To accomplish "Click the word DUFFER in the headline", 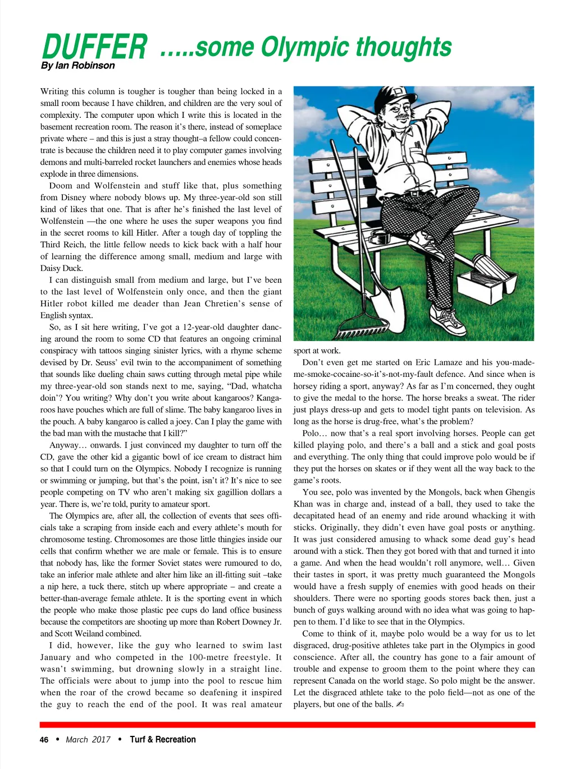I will (x=94, y=47).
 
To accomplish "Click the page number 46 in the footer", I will (x=44, y=739).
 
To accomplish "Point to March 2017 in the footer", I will (x=88, y=739).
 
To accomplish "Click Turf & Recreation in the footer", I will (x=163, y=739).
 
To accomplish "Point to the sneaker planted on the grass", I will (x=451, y=321).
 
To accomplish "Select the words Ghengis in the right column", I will (x=520, y=492).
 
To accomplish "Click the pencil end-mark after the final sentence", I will (x=399, y=704).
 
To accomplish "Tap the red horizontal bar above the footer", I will (x=287, y=724).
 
